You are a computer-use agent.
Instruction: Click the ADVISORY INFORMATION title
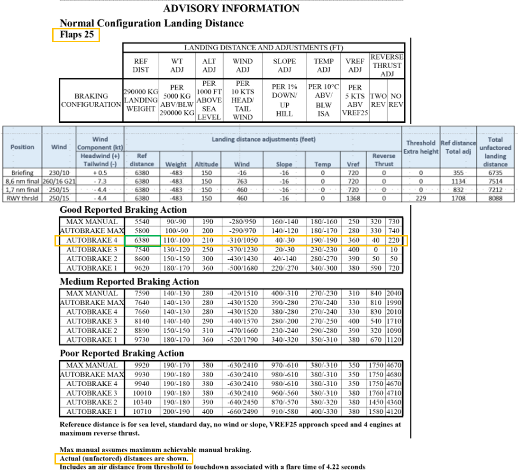click(x=231, y=9)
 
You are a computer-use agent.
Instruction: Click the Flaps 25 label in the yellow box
click(x=76, y=35)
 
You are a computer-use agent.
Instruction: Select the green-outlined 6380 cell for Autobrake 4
click(x=142, y=241)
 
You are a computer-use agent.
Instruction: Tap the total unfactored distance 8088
click(x=495, y=198)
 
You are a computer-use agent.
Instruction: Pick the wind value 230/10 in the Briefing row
click(x=59, y=173)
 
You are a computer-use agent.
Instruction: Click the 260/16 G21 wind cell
click(x=59, y=181)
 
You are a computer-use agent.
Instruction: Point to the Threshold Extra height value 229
click(x=420, y=198)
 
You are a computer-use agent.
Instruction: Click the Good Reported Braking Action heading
click(x=123, y=209)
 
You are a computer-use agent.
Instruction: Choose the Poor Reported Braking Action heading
click(x=122, y=353)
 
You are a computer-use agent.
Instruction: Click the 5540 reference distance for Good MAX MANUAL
click(x=142, y=221)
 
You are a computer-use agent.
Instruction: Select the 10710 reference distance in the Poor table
click(x=142, y=411)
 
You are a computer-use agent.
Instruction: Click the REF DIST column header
click(x=141, y=65)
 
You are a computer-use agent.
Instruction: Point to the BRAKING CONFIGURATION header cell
click(x=91, y=100)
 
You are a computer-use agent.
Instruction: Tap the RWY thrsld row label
click(x=22, y=198)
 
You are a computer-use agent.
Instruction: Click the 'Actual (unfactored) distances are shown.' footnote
click(x=124, y=459)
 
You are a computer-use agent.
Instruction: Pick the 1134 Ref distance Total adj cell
click(x=457, y=181)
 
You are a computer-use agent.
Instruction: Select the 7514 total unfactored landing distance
click(x=495, y=181)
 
